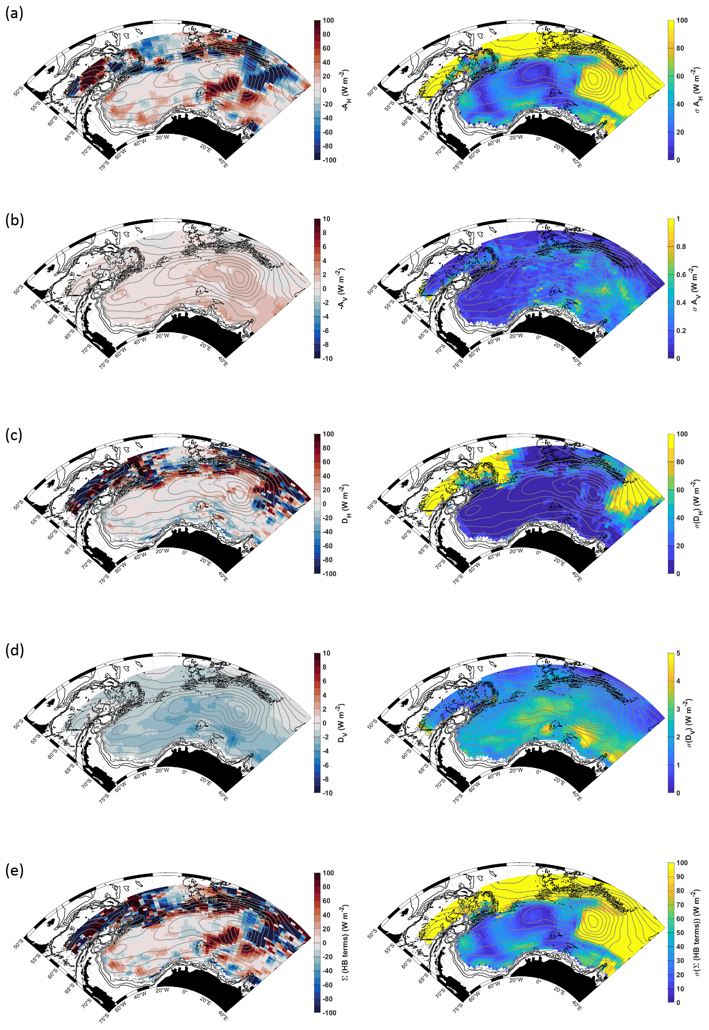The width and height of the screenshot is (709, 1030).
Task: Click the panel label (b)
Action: coord(14,220)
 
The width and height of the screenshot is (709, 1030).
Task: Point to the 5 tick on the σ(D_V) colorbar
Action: coord(678,653)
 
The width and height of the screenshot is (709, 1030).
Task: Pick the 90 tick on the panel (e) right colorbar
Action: coord(680,877)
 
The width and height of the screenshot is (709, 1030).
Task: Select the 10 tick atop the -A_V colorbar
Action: coord(327,219)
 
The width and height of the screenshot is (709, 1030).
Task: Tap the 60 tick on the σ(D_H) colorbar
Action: coord(680,490)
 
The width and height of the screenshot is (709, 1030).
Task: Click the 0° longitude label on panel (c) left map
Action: coord(185,553)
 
